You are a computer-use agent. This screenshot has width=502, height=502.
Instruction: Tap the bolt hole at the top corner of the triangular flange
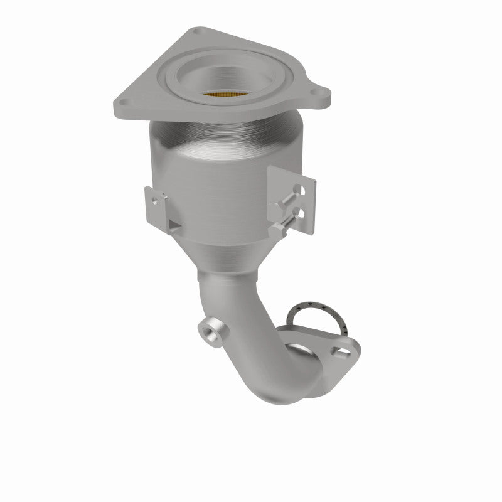point(199,31)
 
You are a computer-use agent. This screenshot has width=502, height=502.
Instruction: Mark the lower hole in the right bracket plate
point(304,214)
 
